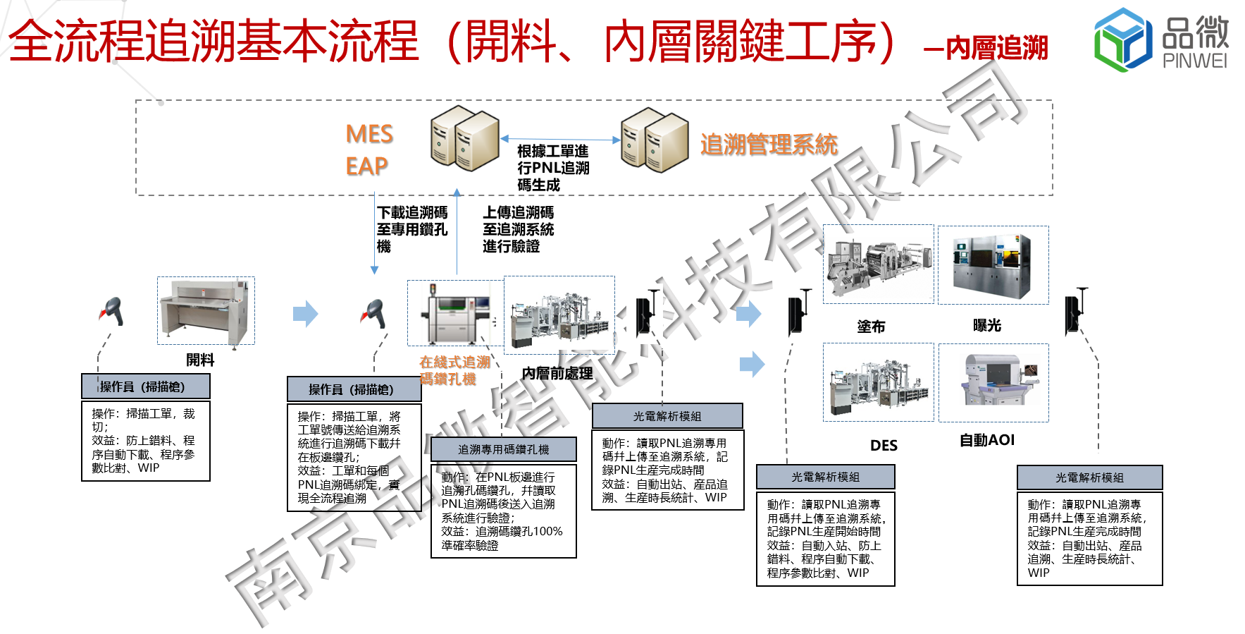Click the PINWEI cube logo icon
(x=1123, y=39)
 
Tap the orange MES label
(x=369, y=134)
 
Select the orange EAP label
(x=366, y=166)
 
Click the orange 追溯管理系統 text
(x=769, y=145)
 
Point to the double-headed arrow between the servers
(x=560, y=140)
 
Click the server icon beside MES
(x=464, y=138)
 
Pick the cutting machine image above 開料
(x=205, y=310)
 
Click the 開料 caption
(x=200, y=360)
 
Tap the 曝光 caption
(x=986, y=325)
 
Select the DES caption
(x=884, y=445)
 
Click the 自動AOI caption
(x=987, y=440)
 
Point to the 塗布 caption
(x=871, y=327)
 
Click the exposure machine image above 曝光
(x=993, y=264)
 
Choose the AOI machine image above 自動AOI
(x=993, y=382)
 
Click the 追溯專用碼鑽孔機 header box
(x=503, y=449)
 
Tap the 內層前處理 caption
(x=557, y=373)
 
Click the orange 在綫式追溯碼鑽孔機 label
(x=454, y=370)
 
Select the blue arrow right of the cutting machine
(x=305, y=314)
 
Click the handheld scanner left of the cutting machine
(x=113, y=312)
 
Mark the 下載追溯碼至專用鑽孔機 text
(x=411, y=229)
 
